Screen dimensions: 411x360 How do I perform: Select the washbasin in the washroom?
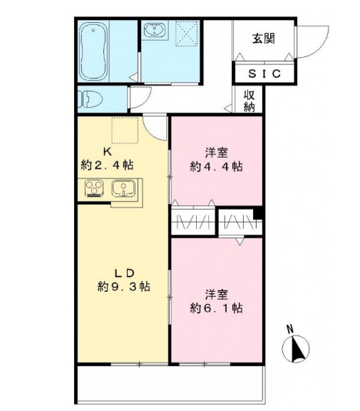[x=153, y=31]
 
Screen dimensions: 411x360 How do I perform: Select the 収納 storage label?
[x=249, y=100]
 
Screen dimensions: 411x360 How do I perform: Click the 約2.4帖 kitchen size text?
[x=107, y=165]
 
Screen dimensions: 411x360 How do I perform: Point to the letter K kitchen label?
[x=106, y=151]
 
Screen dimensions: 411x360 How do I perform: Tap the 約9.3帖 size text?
[x=123, y=287]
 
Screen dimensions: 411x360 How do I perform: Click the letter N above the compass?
[x=289, y=330]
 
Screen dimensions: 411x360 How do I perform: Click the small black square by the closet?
[x=258, y=212]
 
